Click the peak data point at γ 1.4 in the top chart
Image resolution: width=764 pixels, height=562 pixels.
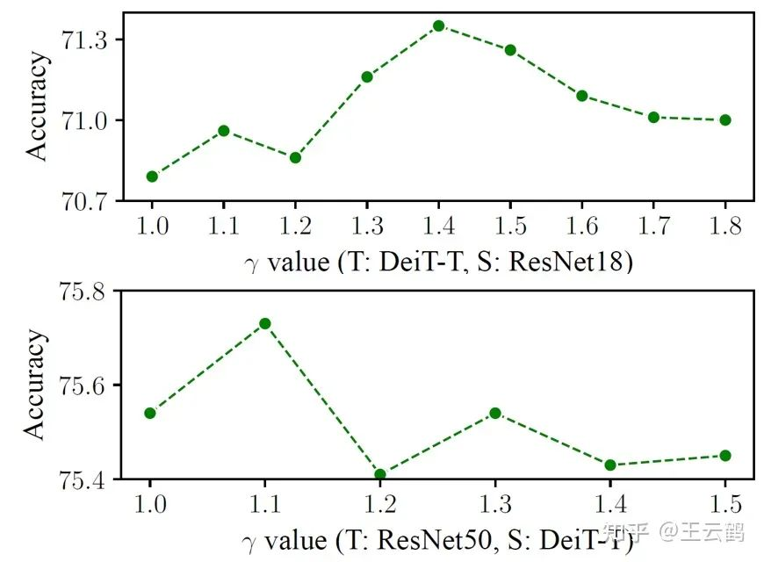(438, 26)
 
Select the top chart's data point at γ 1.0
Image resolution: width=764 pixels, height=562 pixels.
(152, 177)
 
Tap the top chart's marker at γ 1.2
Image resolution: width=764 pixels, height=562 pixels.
(295, 158)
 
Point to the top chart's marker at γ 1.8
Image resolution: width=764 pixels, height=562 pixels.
(725, 120)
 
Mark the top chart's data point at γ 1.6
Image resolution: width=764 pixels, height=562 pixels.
(581, 96)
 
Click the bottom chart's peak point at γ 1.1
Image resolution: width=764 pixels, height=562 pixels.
(265, 324)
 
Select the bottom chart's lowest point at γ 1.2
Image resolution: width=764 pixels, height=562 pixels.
(380, 475)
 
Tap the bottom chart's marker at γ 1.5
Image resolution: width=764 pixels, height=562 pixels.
(725, 456)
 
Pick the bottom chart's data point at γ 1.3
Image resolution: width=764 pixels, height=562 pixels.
(495, 413)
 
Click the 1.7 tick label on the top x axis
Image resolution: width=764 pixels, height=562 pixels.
(653, 227)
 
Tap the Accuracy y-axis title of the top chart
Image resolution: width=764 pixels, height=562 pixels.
(36, 106)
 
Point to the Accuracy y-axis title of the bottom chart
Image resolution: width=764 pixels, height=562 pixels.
(36, 385)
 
